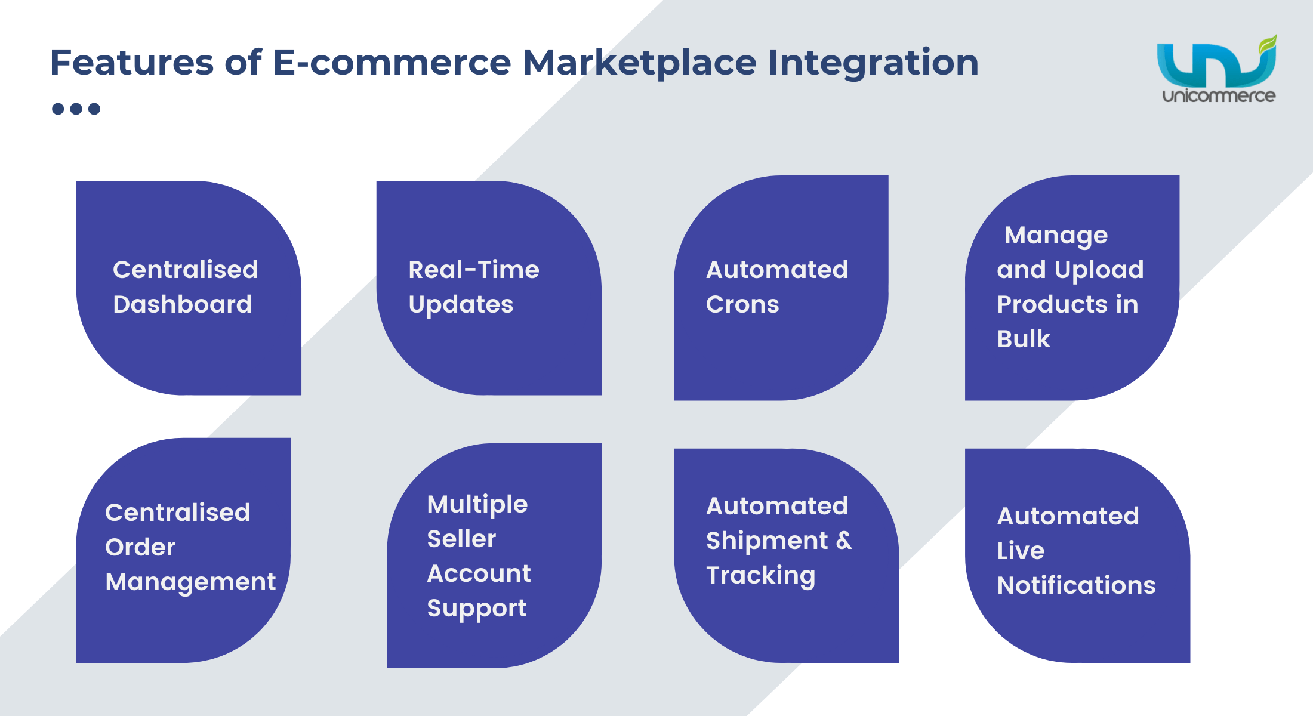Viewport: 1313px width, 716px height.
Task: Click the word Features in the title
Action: point(132,62)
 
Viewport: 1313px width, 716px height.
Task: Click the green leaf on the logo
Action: point(1268,45)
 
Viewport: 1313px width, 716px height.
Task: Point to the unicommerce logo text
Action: point(1219,95)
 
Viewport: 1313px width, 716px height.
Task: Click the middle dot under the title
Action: point(76,109)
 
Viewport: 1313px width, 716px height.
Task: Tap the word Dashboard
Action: point(183,304)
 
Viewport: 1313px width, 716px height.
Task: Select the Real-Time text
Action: point(474,270)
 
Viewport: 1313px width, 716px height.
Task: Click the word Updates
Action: point(461,305)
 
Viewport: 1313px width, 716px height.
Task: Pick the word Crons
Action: point(742,304)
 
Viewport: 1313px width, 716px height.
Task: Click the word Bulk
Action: point(1024,339)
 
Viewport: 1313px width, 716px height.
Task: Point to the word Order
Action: point(140,547)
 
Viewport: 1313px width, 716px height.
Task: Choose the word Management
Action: point(190,582)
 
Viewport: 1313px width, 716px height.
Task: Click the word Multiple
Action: point(477,505)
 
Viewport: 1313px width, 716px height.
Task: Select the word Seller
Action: point(461,539)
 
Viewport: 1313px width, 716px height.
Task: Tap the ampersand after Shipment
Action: point(844,541)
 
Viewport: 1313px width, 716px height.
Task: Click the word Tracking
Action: point(761,576)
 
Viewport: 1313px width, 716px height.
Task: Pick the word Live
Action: point(1021,551)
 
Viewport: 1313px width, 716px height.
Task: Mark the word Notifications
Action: point(1077,585)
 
